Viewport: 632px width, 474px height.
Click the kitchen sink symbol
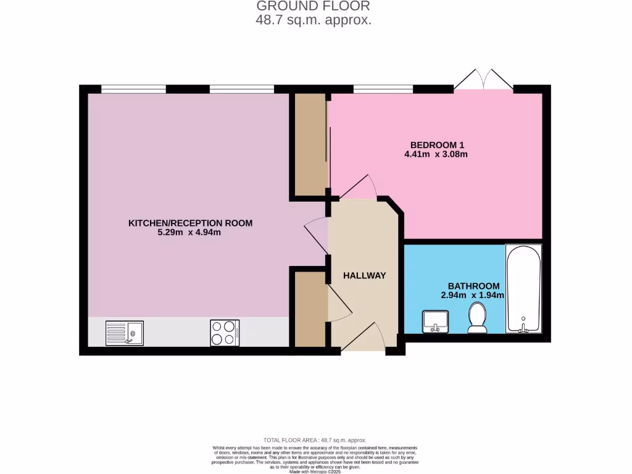coord(124,333)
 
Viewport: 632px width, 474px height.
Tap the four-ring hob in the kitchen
coord(225,333)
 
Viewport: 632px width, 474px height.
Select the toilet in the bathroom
coord(477,319)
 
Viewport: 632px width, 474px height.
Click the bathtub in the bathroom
coord(523,289)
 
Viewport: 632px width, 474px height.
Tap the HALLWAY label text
coord(364,275)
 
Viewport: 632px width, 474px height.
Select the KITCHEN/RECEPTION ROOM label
coord(190,223)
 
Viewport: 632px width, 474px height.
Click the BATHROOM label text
coord(473,286)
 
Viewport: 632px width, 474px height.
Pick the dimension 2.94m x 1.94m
coord(473,296)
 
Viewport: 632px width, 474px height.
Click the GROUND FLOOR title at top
coord(313,6)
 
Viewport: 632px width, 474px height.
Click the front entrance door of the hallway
coord(364,339)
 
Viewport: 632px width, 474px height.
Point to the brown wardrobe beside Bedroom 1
coord(310,144)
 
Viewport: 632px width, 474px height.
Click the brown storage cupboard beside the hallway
coord(310,309)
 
